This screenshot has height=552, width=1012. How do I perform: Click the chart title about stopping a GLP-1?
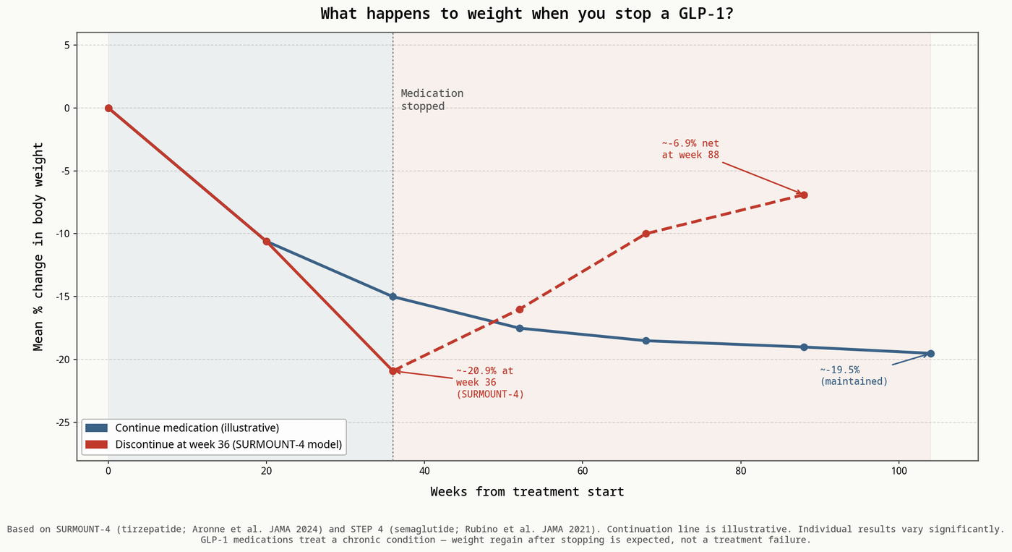(527, 14)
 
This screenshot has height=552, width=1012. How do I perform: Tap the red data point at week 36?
(393, 370)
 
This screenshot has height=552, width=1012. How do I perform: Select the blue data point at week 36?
(393, 297)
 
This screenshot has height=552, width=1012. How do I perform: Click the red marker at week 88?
(804, 195)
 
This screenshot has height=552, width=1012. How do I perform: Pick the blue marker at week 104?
(930, 353)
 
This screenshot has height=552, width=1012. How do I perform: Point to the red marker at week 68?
(646, 234)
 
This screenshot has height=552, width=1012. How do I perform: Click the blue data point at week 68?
(646, 341)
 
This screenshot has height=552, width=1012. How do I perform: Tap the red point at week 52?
(519, 309)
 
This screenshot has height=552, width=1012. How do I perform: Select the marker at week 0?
(108, 108)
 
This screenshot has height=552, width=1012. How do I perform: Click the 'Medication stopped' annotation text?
(432, 100)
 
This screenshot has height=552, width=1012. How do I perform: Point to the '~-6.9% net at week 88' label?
(690, 149)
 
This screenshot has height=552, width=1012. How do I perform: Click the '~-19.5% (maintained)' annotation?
(854, 375)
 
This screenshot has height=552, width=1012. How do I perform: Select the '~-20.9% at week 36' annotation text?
(489, 382)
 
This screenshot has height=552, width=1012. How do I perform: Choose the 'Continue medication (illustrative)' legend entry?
(197, 428)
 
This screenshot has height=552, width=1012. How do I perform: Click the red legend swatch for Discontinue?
(96, 444)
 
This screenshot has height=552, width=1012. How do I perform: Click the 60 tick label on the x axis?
(582, 471)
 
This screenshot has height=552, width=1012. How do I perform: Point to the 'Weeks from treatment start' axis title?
(527, 492)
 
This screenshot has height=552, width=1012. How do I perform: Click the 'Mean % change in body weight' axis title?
(39, 246)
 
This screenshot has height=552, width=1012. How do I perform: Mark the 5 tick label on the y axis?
(65, 45)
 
